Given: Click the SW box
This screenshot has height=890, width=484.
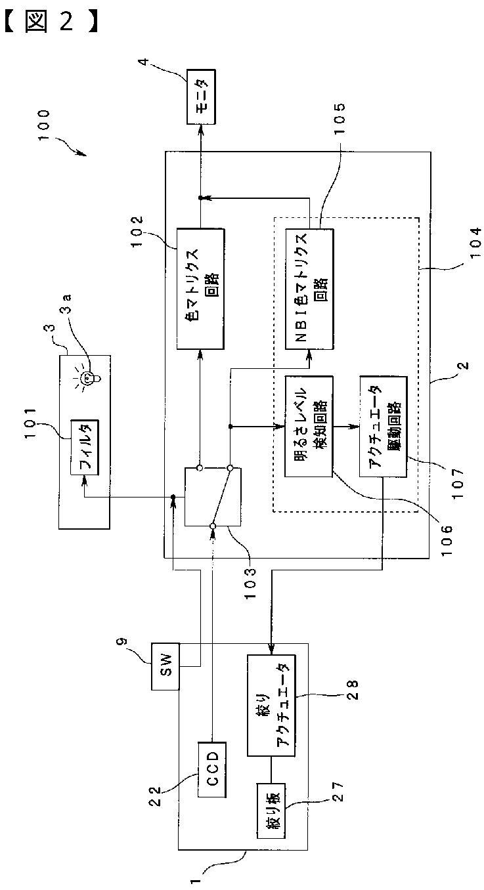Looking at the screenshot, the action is pos(165,666).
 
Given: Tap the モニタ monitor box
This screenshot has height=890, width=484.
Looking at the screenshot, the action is pos(201,97).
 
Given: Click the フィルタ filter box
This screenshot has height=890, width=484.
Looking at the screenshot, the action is pos(85,446).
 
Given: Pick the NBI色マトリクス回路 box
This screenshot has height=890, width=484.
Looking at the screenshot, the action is pos(309,289).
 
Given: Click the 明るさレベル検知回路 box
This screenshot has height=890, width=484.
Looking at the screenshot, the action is pos(309,427).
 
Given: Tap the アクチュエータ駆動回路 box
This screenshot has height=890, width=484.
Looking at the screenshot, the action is pos(383,427).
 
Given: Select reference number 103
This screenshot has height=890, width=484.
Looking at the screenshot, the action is pos(251,583).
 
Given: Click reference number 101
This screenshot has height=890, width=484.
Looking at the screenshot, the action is pos(30,423).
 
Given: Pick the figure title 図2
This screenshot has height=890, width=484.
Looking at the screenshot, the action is pos(51,22).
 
